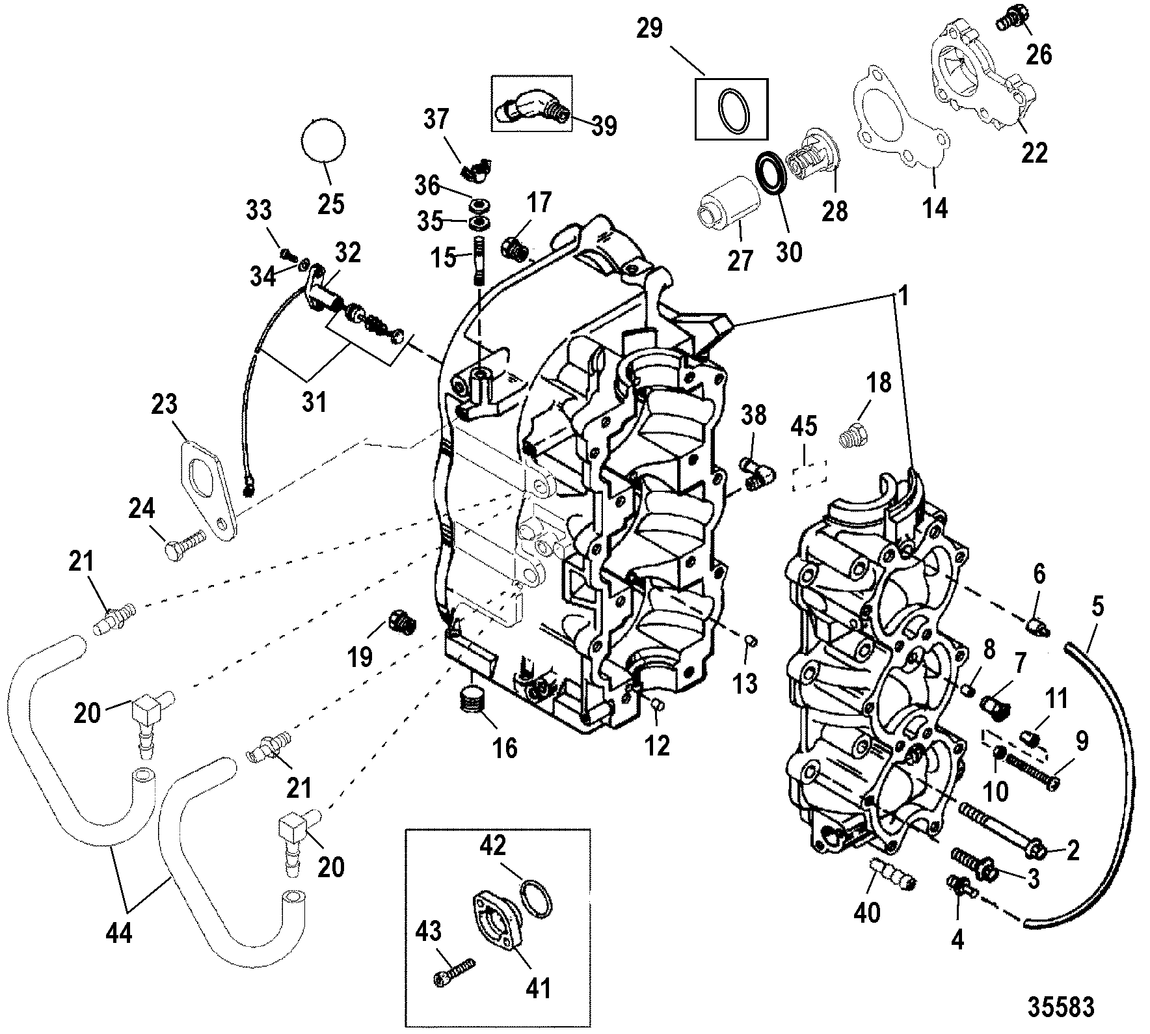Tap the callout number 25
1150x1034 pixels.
tap(330, 204)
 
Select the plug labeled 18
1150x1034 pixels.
tap(849, 435)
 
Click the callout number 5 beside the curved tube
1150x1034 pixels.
tap(1097, 608)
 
